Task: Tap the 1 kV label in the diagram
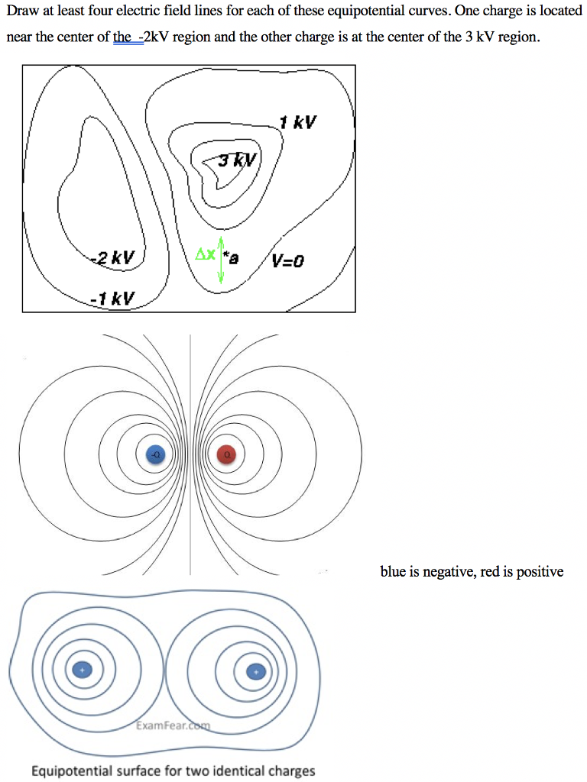[297, 122]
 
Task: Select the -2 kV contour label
[112, 258]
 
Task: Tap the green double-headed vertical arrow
[221, 260]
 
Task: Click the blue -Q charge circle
[155, 454]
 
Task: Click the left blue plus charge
[80, 670]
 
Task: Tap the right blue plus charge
[256, 671]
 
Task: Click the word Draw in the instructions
[21, 13]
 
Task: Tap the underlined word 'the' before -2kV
[122, 37]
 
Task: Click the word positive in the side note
[540, 571]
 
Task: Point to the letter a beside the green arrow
[235, 259]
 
